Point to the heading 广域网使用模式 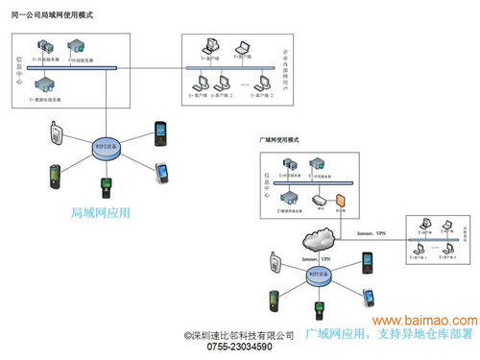tap(279, 140)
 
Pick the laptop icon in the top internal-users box tap(244, 47)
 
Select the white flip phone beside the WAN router tap(275, 260)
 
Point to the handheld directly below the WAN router tap(319, 311)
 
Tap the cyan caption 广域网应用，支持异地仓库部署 tap(388, 335)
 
